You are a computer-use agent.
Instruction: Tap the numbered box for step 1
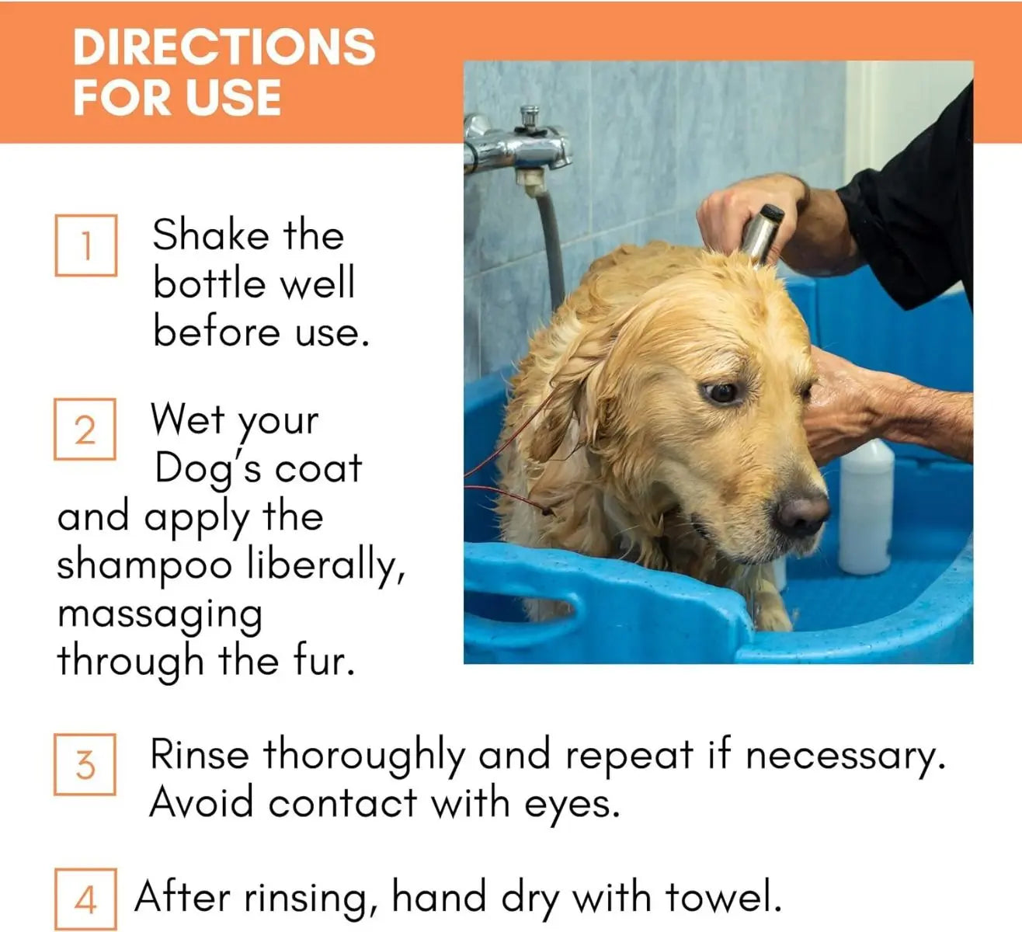point(86,245)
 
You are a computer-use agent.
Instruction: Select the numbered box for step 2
point(85,429)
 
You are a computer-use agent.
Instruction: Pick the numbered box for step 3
point(85,765)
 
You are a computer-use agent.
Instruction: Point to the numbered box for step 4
point(86,899)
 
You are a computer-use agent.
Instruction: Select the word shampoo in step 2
point(144,566)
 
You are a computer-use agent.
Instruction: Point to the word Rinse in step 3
point(200,754)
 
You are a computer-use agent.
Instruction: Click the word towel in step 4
point(722,898)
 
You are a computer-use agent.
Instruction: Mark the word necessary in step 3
point(844,756)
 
